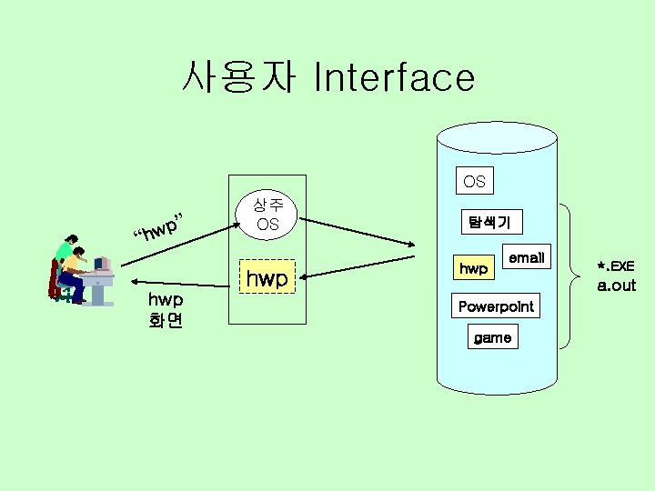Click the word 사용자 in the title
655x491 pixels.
coord(237,77)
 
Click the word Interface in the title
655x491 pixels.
coord(393,78)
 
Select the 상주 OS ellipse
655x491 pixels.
coord(267,215)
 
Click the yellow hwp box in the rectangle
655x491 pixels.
coord(267,278)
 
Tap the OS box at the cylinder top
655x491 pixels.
coord(474,181)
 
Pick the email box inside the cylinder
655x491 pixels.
coord(526,258)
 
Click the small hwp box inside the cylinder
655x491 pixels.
coord(473,268)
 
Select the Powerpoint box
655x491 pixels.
coord(496,306)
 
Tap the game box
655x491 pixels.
coord(492,337)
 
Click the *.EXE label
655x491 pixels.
coord(615,266)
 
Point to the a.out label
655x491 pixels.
coord(616,286)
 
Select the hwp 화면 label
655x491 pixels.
coord(166,309)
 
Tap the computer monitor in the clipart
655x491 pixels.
coord(102,265)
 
